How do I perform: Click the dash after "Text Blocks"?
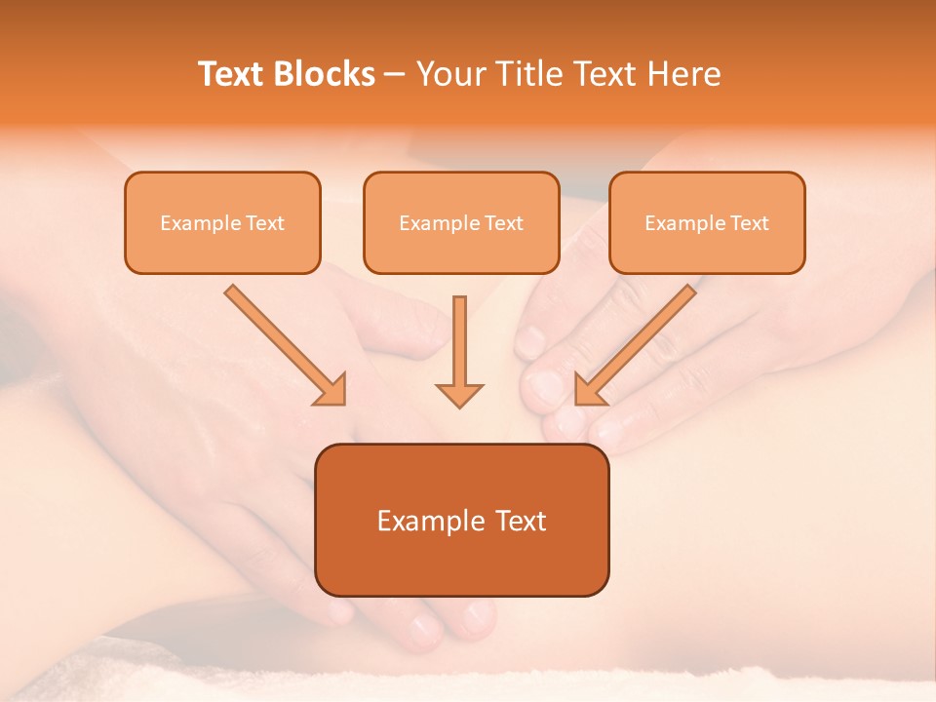(x=395, y=75)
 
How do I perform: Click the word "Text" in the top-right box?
(x=749, y=223)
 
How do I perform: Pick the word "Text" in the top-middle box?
(x=503, y=223)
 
